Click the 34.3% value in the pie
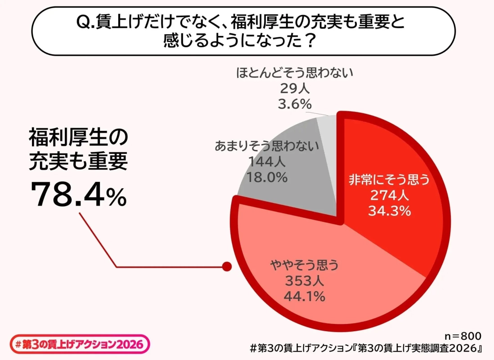tap(389, 210)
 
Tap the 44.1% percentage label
tap(304, 297)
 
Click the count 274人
tap(389, 195)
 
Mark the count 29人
tap(295, 89)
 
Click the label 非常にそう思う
tap(389, 180)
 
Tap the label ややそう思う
tap(304, 266)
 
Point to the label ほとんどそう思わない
tap(295, 73)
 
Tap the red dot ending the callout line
tap(227, 266)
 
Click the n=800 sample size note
tap(463, 336)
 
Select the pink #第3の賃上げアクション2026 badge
tap(79, 345)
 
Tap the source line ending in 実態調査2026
tap(366, 348)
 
